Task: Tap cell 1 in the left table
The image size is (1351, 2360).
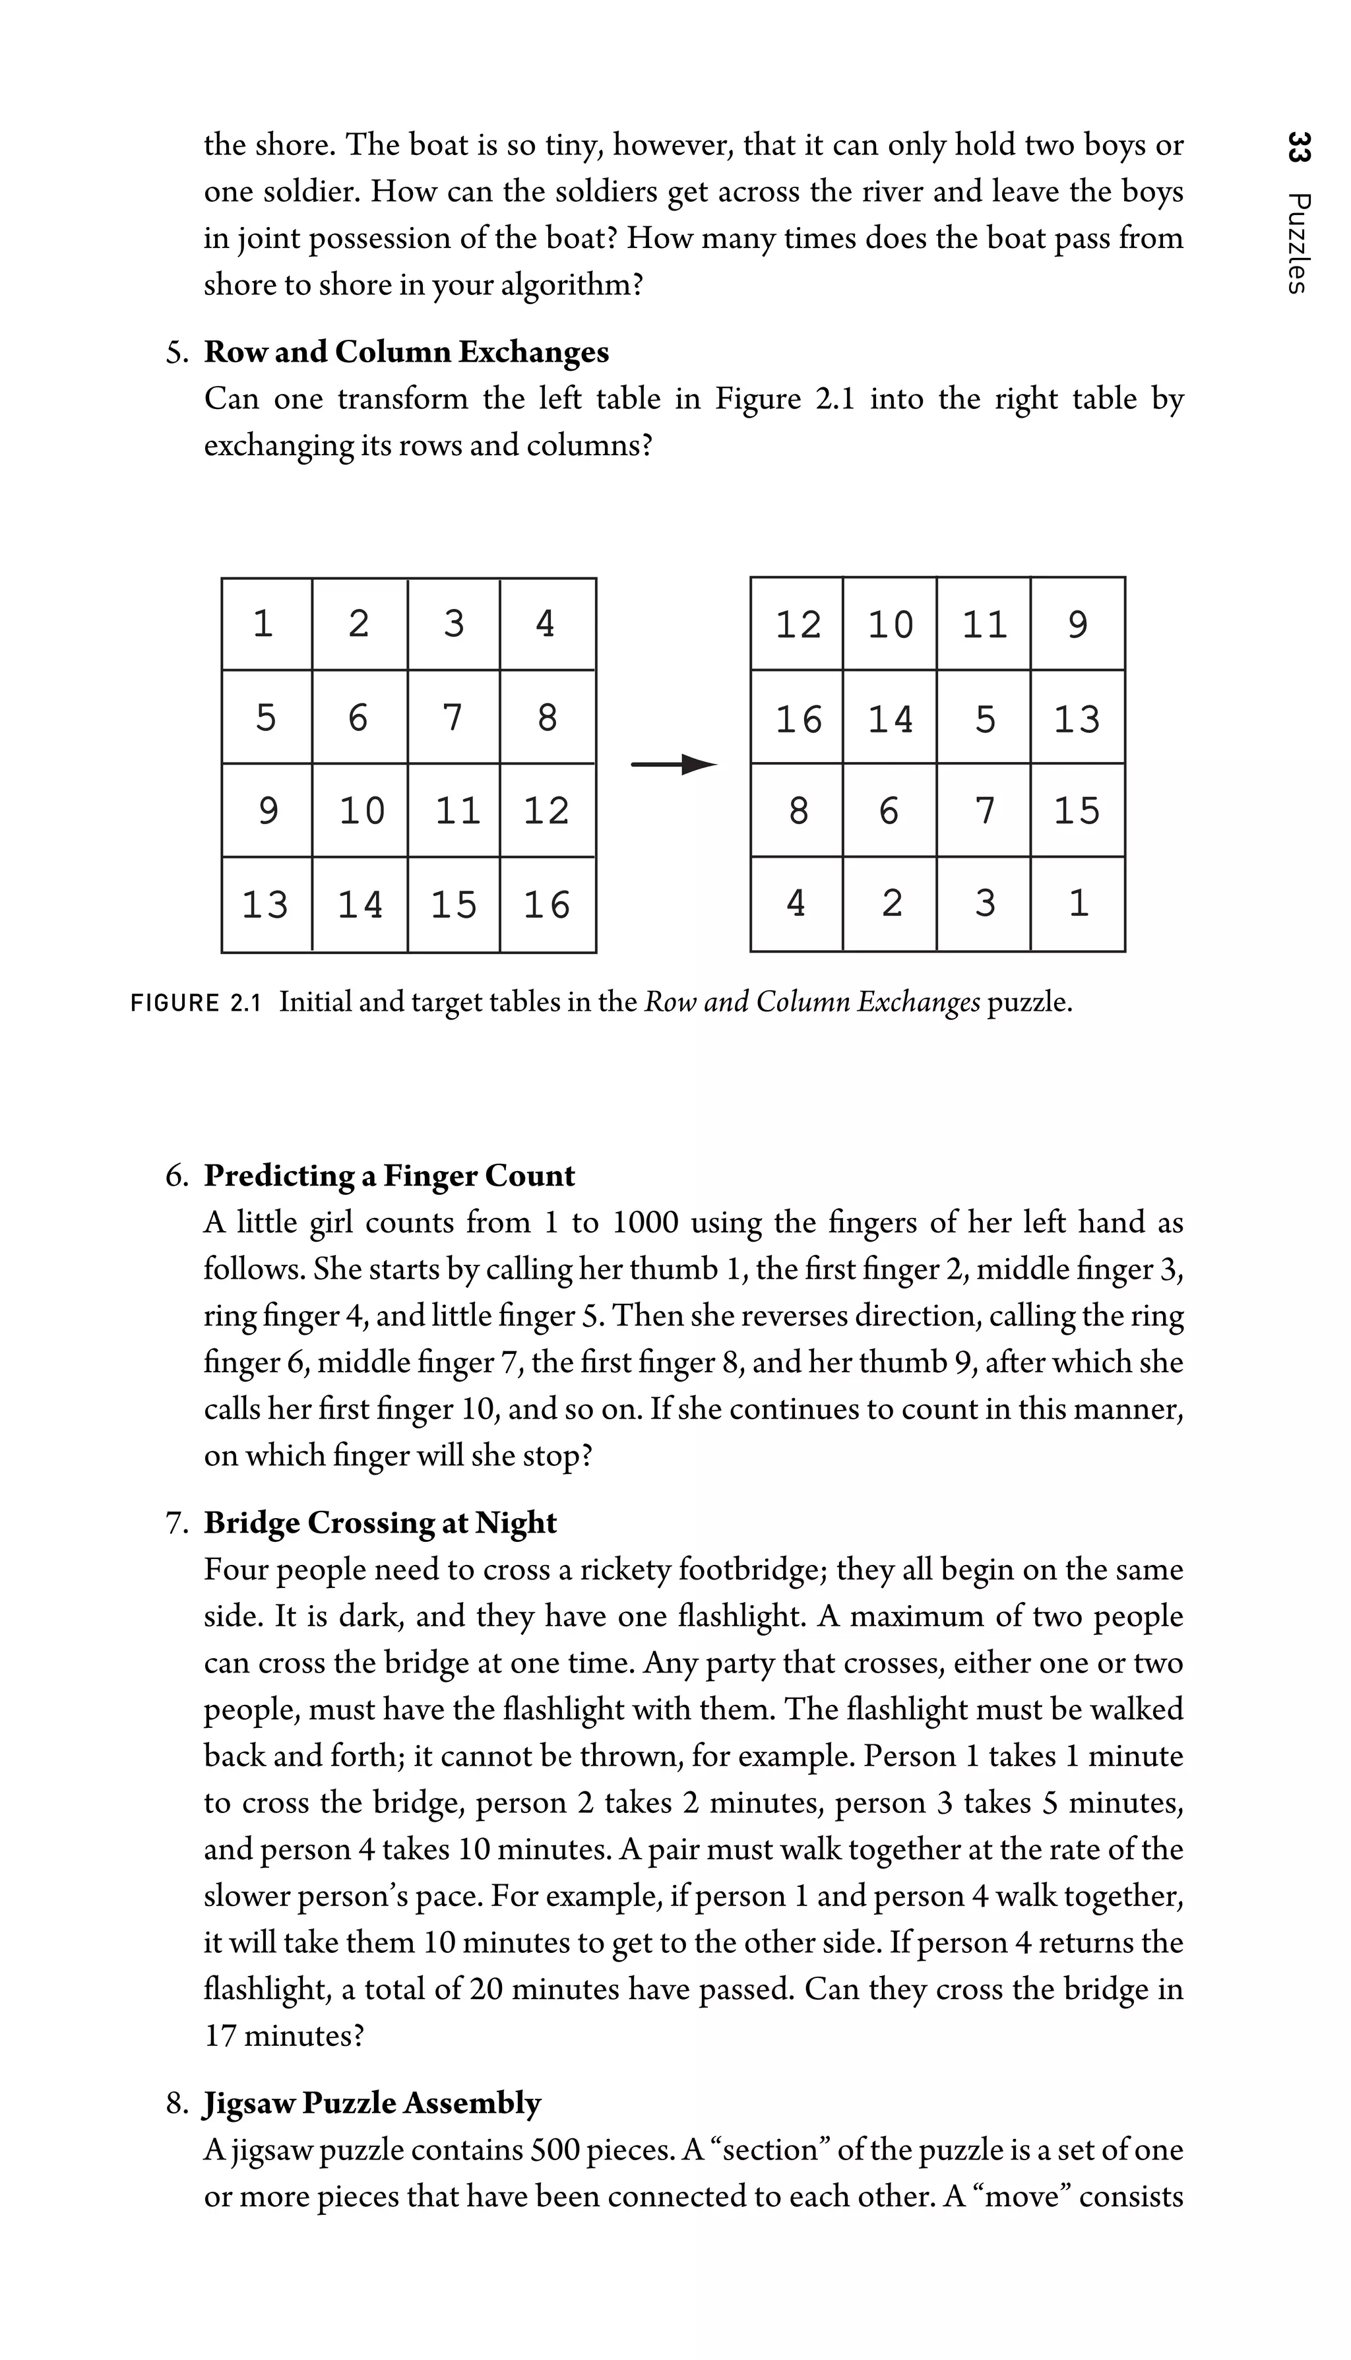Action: pos(265,623)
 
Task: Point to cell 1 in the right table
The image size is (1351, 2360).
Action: pos(1078,903)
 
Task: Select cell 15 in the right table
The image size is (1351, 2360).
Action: pos(1077,811)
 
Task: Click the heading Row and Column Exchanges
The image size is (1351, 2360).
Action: pos(406,353)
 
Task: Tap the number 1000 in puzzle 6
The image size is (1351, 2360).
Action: pos(646,1223)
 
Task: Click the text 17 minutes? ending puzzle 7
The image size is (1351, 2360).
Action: pos(284,2036)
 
